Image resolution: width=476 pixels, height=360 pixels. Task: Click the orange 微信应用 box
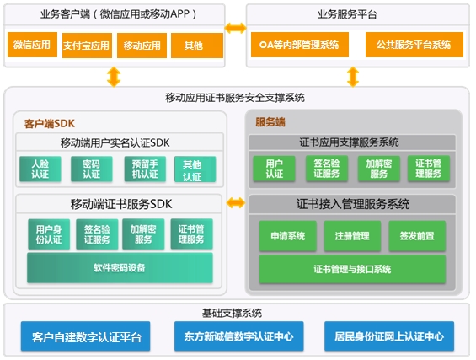[32, 45]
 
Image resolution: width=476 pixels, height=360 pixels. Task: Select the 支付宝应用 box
[87, 46]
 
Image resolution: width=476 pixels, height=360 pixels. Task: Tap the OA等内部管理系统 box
[300, 45]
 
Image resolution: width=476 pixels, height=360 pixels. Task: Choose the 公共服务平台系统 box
[414, 45]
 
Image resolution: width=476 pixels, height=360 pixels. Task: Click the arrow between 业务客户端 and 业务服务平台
[236, 28]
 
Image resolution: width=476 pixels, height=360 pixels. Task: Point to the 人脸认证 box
[40, 169]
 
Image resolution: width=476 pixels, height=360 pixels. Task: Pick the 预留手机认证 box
[145, 169]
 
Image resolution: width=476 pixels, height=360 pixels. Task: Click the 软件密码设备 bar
[120, 268]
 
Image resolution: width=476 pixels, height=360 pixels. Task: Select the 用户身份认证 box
[49, 234]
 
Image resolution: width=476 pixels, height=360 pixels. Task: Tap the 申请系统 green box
[288, 236]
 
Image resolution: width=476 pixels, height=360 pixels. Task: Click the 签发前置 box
[417, 236]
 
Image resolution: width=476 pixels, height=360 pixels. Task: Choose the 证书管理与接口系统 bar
[352, 269]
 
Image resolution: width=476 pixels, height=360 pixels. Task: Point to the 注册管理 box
[352, 236]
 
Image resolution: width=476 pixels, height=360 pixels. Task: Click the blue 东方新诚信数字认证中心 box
[239, 336]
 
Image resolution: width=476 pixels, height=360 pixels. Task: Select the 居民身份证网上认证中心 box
[389, 336]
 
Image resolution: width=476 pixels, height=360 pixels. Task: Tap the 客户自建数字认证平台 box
[86, 336]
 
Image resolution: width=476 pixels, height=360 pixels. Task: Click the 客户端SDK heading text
[50, 124]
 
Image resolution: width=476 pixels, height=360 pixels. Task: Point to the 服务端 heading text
[270, 122]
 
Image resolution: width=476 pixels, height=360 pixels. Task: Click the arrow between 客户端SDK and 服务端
[236, 202]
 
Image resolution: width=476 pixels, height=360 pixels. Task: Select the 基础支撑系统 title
[232, 313]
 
